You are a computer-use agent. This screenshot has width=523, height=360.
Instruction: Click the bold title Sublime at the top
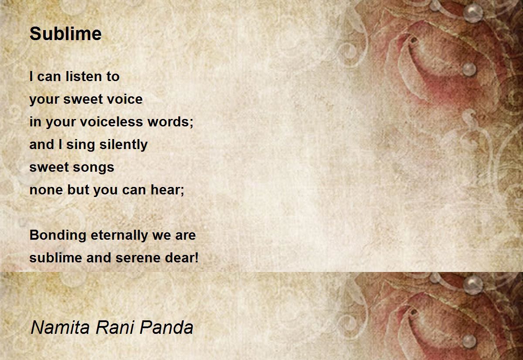(65, 34)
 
